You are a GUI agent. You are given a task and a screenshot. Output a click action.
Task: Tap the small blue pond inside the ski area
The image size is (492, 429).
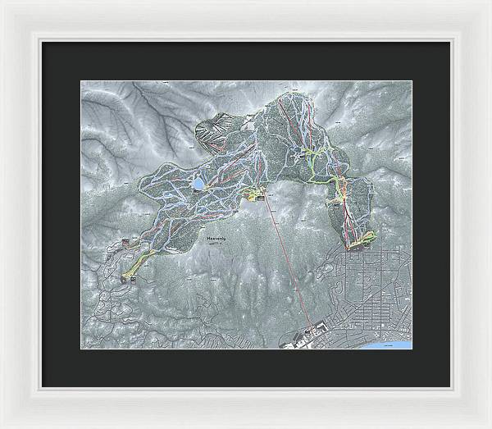tap(198, 185)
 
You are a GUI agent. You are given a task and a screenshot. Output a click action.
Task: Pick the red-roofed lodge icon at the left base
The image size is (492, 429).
tap(125, 241)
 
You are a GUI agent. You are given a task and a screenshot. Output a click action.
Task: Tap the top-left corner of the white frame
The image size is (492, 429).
tap(5, 5)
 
